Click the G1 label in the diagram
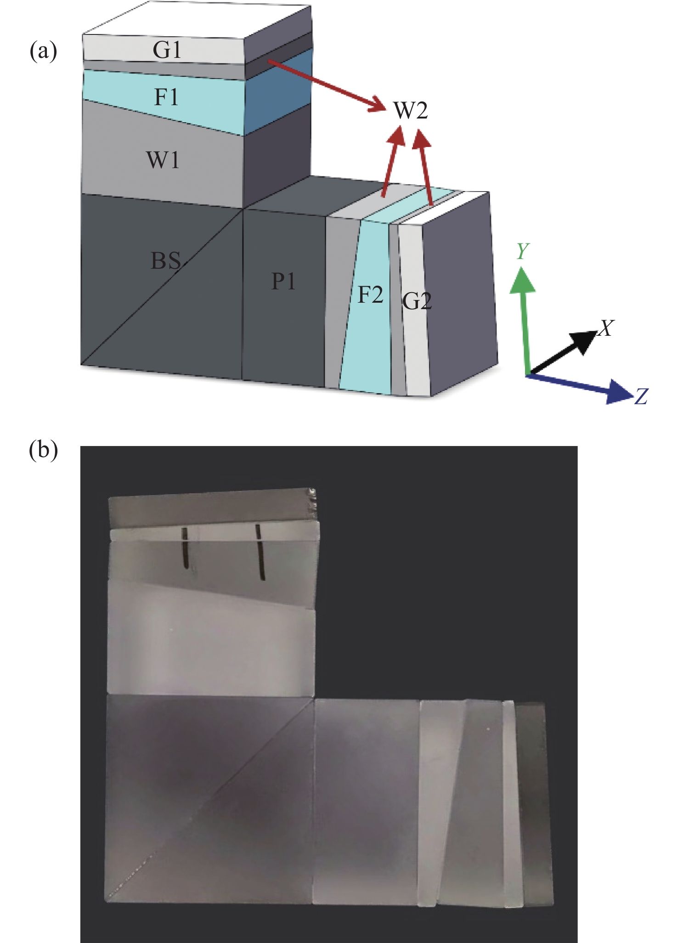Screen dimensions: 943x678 coord(167,50)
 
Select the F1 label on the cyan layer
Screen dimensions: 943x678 coord(166,97)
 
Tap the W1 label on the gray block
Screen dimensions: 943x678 coord(163,160)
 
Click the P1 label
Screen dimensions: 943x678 coord(283,281)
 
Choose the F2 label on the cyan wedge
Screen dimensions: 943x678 coord(370,294)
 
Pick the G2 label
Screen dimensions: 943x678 coord(417,301)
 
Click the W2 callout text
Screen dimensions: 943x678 coord(411,110)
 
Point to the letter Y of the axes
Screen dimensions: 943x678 coord(522,251)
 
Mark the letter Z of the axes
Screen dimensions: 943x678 coord(641,396)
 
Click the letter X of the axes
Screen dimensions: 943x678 coord(606,328)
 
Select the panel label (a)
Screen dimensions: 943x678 coord(43,51)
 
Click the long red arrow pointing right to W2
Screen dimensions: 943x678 coord(326,85)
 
